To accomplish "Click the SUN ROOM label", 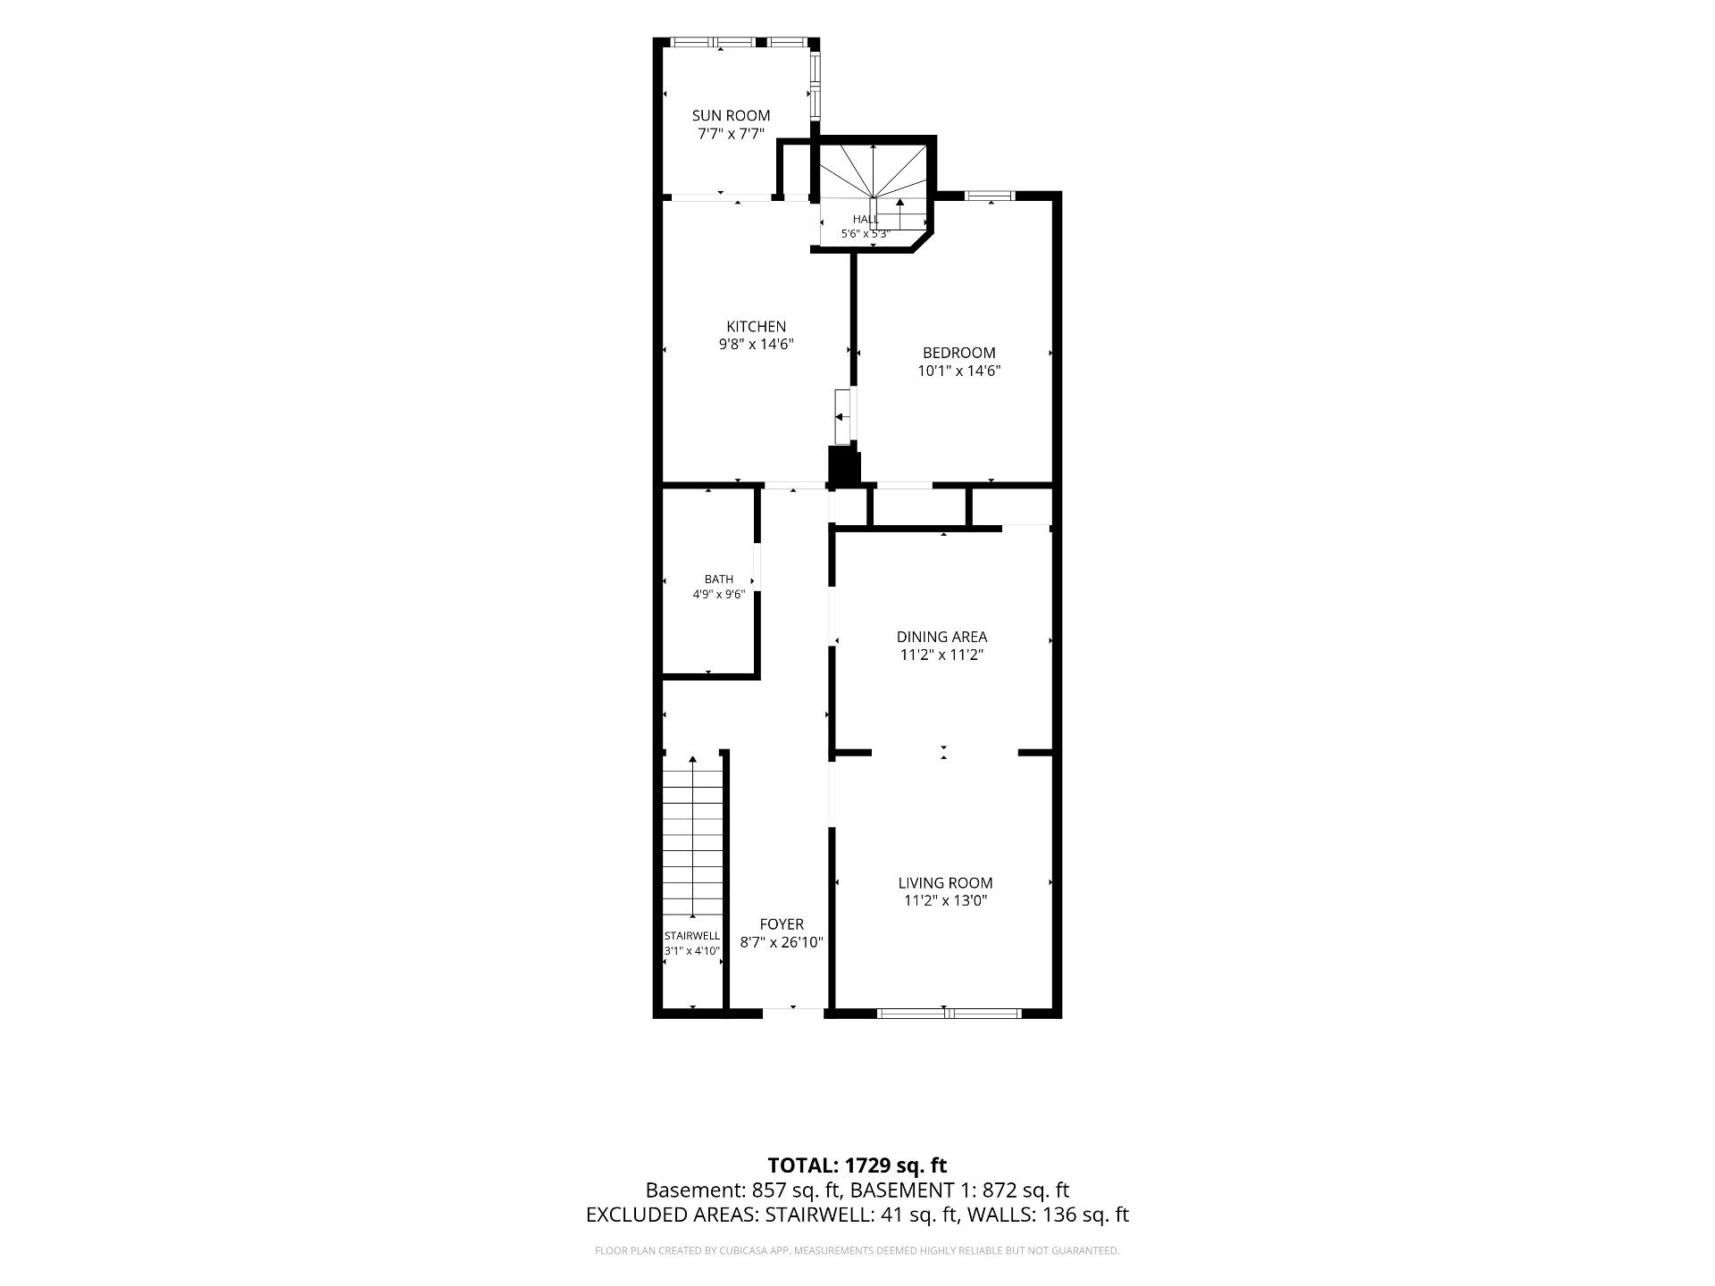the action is click(731, 116).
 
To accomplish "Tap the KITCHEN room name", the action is click(756, 327).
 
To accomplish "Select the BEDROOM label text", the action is click(958, 353).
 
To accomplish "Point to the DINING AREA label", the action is click(941, 637).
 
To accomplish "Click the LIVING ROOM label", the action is click(945, 883).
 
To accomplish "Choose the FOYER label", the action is click(782, 924).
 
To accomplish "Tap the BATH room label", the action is click(718, 580).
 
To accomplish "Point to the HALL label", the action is click(865, 220).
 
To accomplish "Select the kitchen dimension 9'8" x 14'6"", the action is click(756, 344).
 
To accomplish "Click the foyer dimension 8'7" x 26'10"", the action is click(782, 942).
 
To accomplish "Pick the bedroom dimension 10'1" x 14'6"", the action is click(958, 371).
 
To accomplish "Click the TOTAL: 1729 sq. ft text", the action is click(857, 1165).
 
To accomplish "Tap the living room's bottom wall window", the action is click(948, 1013).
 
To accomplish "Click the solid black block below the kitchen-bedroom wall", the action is click(844, 466).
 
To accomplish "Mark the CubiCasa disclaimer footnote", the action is click(857, 1251).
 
